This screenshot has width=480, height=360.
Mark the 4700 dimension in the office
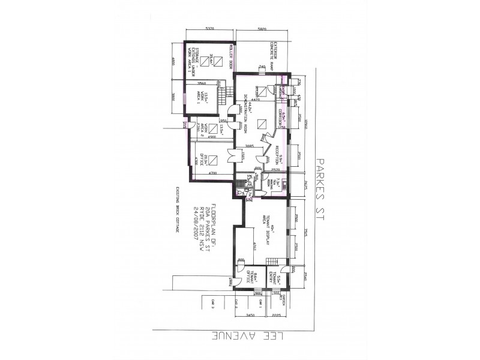pos(212,173)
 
